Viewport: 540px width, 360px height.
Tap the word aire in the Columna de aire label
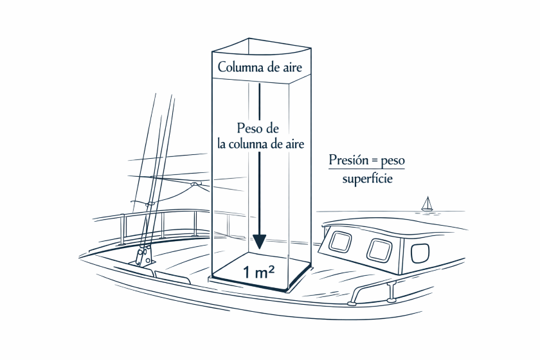point(292,67)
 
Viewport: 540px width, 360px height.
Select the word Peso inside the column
point(248,129)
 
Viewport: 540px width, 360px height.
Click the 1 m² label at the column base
point(259,272)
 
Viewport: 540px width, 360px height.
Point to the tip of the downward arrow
point(259,249)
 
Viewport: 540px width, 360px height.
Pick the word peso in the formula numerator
point(393,161)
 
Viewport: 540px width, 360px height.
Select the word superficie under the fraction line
point(367,179)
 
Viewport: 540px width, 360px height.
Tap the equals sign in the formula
point(373,161)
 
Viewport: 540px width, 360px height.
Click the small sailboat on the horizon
point(428,204)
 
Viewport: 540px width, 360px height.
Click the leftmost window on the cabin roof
point(340,242)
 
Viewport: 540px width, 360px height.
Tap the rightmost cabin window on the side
point(420,253)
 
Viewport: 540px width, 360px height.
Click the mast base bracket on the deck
point(143,256)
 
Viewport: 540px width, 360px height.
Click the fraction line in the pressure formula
point(366,169)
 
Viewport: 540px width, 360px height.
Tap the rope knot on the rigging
point(195,184)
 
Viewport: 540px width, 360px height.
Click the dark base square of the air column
point(262,272)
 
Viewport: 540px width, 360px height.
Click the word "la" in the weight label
point(221,143)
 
